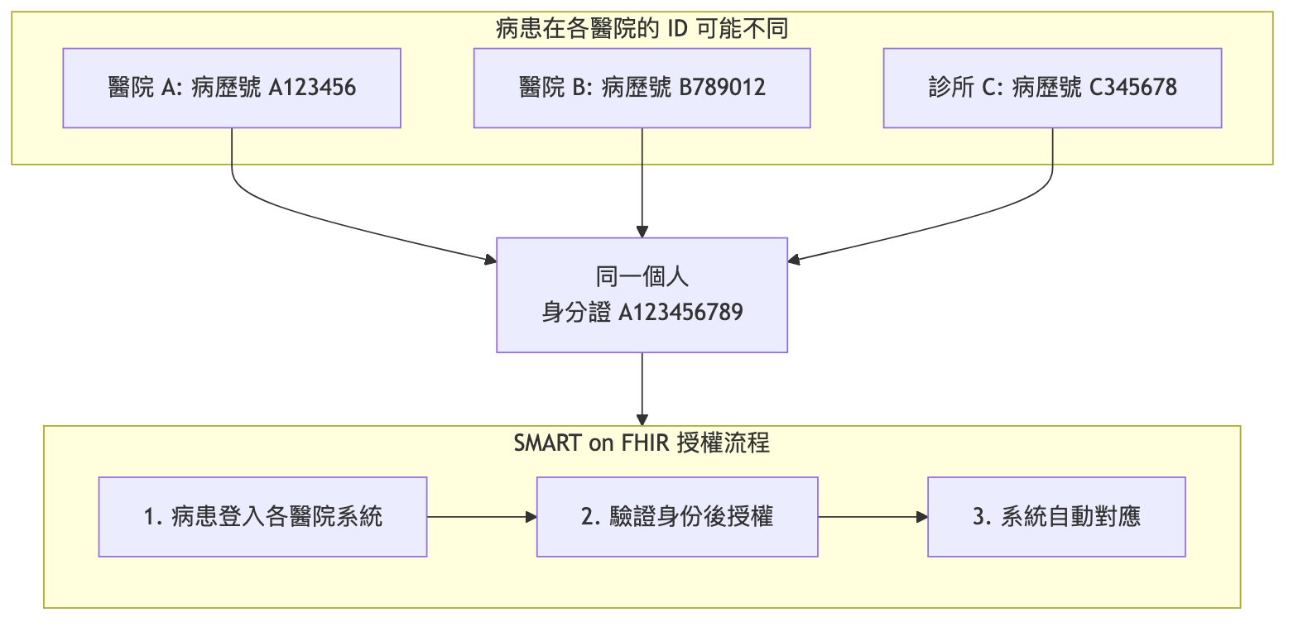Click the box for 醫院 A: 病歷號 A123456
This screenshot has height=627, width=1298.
click(232, 88)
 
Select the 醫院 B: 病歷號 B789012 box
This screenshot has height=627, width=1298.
click(642, 88)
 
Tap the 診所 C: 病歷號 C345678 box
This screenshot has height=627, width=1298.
click(1052, 88)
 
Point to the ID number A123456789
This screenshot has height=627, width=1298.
click(680, 313)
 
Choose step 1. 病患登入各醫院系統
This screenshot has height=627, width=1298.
click(262, 517)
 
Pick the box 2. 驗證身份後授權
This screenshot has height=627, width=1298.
click(677, 517)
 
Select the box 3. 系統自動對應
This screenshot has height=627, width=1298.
click(1056, 517)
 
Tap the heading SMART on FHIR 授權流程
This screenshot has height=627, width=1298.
click(642, 443)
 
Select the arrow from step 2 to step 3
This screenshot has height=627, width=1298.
click(873, 517)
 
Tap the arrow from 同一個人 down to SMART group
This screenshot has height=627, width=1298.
click(642, 389)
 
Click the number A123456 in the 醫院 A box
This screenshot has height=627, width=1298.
click(312, 88)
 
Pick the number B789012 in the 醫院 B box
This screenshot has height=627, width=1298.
click(722, 88)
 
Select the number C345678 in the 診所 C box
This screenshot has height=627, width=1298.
click(1132, 88)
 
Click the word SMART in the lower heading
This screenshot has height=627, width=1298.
click(547, 443)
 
